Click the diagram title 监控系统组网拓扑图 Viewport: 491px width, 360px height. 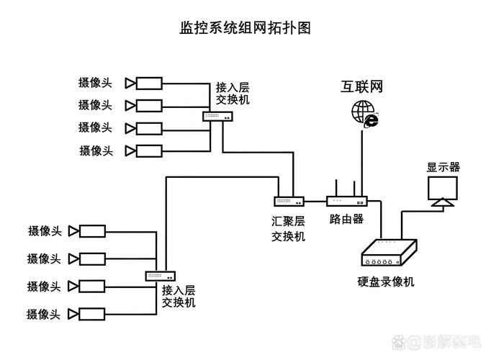(x=245, y=28)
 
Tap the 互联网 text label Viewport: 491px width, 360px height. (x=362, y=87)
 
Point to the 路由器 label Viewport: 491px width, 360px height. (x=346, y=219)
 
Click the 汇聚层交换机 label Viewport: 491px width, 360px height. (x=288, y=228)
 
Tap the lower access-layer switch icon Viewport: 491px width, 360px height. (x=161, y=276)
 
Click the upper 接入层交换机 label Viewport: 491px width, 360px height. (x=233, y=94)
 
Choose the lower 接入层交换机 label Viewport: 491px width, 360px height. (x=179, y=296)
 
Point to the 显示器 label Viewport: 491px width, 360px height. (x=443, y=167)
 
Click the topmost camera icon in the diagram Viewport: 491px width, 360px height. (x=144, y=83)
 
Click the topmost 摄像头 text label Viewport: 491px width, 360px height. (x=96, y=83)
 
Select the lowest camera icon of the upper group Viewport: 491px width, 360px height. (x=144, y=151)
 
